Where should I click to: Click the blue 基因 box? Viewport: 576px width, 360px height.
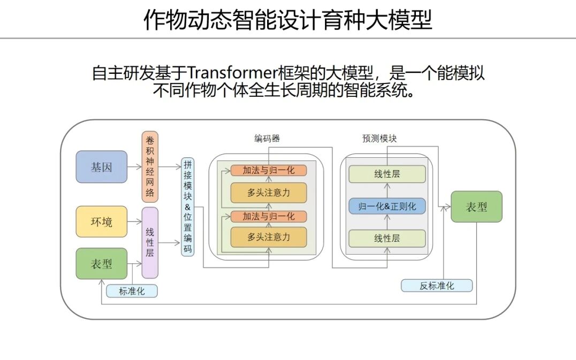coord(102,167)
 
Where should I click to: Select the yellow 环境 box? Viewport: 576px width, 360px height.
coord(102,221)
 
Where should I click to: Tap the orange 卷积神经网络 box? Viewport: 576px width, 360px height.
coord(150,167)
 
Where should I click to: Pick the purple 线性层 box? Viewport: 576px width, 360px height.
coord(150,243)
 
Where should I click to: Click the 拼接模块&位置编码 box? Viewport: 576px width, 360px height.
coord(187,206)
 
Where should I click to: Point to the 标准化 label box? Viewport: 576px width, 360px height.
coord(132,291)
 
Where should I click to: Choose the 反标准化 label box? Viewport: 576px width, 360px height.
coord(437,286)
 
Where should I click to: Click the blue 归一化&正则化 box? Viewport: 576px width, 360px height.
coord(387,206)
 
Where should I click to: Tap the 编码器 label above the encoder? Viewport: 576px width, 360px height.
coord(267,139)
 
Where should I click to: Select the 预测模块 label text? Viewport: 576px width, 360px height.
coord(380,139)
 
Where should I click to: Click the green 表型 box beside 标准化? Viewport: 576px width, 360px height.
coord(102,263)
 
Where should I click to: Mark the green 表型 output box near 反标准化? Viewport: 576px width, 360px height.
coord(476,206)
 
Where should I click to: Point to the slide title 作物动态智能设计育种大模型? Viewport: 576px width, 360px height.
coord(288,20)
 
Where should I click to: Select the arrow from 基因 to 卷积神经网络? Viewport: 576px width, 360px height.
coord(135,167)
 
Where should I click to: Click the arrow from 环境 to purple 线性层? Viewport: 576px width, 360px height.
coord(135,221)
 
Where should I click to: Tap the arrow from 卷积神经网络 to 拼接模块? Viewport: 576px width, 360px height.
coord(170,167)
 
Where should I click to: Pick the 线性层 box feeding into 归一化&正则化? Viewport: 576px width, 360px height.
coord(387,238)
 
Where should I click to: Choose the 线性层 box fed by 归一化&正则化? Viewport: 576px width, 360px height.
coord(387,174)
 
